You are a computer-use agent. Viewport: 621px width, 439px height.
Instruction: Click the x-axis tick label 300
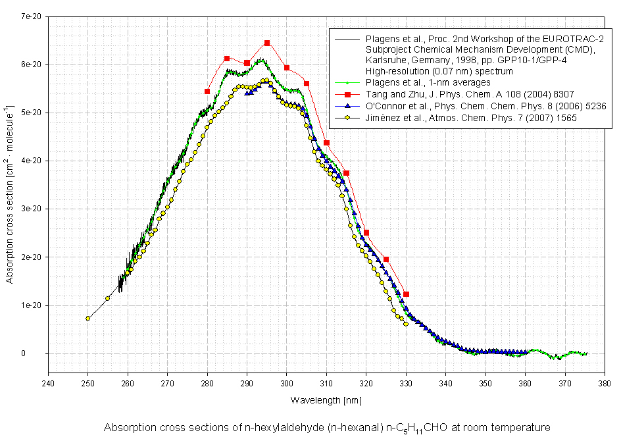tap(287, 382)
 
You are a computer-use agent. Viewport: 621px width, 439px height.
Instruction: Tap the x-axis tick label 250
tap(87, 382)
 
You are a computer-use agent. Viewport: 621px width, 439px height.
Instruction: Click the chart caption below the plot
tap(326, 427)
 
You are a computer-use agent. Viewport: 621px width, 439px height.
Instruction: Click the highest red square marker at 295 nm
tap(267, 43)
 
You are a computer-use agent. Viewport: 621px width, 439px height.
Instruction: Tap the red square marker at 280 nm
tap(207, 91)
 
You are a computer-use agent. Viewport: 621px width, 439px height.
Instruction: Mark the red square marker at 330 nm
tap(406, 294)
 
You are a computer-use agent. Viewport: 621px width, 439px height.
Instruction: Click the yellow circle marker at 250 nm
tap(87, 319)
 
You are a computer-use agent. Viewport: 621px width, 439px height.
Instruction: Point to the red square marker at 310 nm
tap(326, 143)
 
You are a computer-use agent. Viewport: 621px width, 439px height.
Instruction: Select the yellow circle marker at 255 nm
tap(107, 299)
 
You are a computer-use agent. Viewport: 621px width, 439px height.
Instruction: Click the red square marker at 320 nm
tap(366, 232)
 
